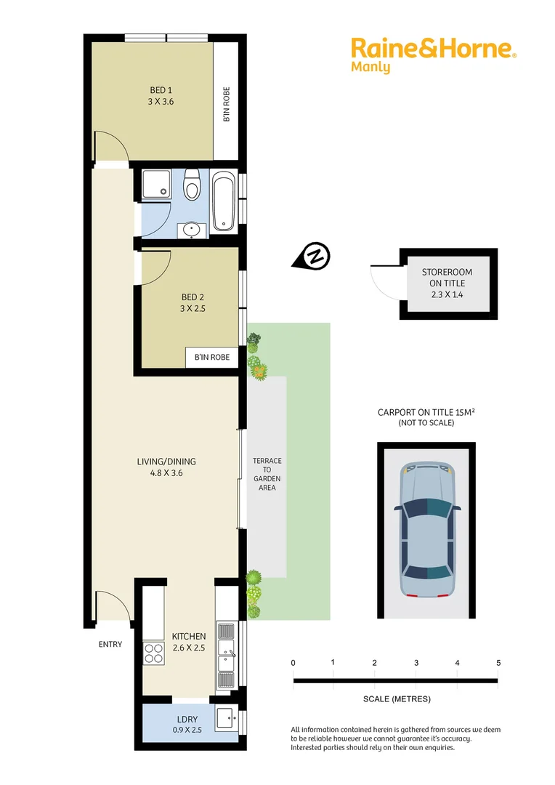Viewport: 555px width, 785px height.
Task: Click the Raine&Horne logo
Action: pyautogui.click(x=434, y=49)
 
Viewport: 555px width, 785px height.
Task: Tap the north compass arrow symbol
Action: pyautogui.click(x=313, y=257)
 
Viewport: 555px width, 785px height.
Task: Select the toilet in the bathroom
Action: pyautogui.click(x=192, y=185)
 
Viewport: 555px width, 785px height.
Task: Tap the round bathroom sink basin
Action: pyautogui.click(x=193, y=230)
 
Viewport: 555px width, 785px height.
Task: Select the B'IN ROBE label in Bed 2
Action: pyautogui.click(x=212, y=357)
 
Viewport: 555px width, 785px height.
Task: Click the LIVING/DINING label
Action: pyautogui.click(x=166, y=467)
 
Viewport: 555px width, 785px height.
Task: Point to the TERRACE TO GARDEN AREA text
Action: pyautogui.click(x=267, y=474)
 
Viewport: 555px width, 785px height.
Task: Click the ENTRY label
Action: pyautogui.click(x=110, y=644)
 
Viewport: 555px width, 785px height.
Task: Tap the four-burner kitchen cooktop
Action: pyautogui.click(x=153, y=653)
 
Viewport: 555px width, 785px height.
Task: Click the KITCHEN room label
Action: pyautogui.click(x=189, y=642)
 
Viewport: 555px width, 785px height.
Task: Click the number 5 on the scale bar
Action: pyautogui.click(x=498, y=663)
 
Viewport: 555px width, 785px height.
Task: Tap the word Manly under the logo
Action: pyautogui.click(x=370, y=68)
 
